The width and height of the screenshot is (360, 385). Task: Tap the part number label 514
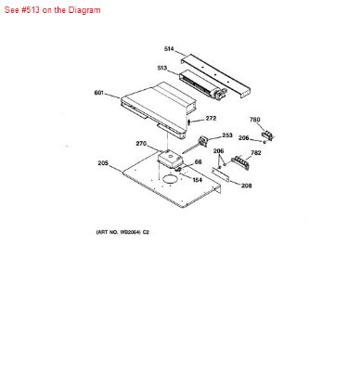[169, 49]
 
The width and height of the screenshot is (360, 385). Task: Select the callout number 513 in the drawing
[161, 68]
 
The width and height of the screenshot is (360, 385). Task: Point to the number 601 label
[99, 92]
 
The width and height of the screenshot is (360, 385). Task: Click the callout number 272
[211, 118]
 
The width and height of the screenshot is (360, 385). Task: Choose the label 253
[226, 135]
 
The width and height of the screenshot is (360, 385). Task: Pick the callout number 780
[256, 120]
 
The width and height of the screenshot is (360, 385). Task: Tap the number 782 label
[255, 153]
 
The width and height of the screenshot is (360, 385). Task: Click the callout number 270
[142, 143]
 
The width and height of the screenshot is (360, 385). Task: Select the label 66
[198, 161]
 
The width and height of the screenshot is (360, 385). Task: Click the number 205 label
[103, 163]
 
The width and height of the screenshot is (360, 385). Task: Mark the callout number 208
[246, 186]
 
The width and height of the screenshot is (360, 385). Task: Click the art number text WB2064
[123, 231]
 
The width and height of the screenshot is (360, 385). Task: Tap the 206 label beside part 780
[243, 138]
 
